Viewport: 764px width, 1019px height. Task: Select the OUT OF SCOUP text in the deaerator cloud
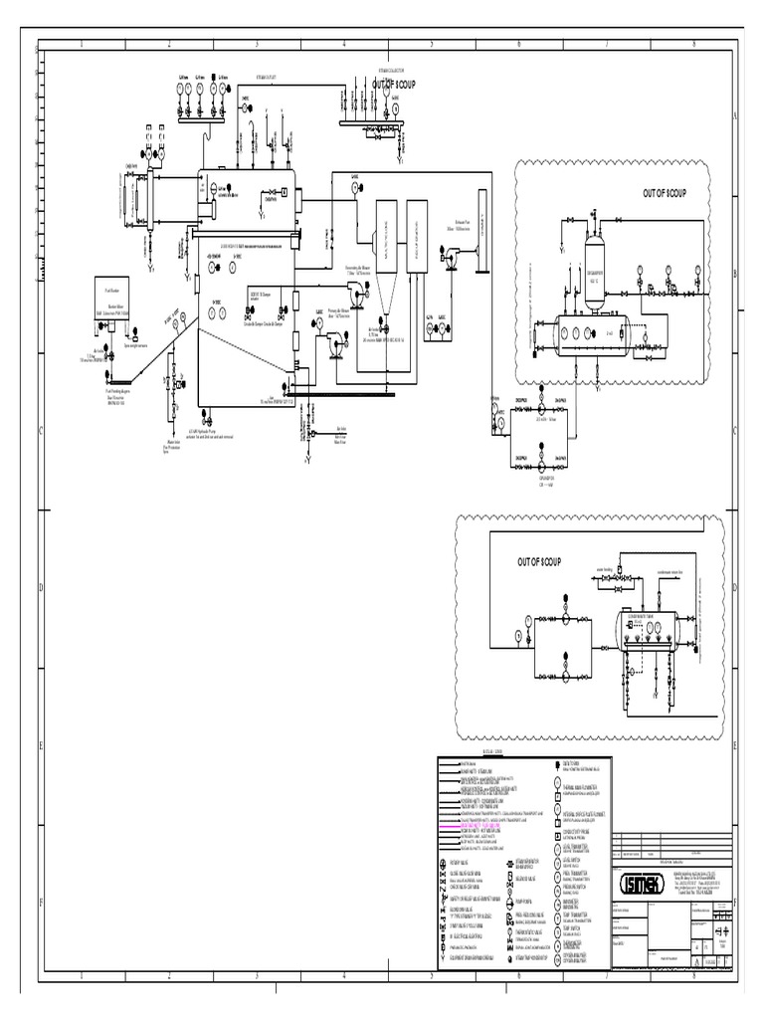(x=665, y=192)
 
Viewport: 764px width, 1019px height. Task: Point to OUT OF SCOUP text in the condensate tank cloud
(x=539, y=562)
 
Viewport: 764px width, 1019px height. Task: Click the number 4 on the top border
(x=344, y=45)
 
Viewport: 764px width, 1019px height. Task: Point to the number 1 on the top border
(x=82, y=45)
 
